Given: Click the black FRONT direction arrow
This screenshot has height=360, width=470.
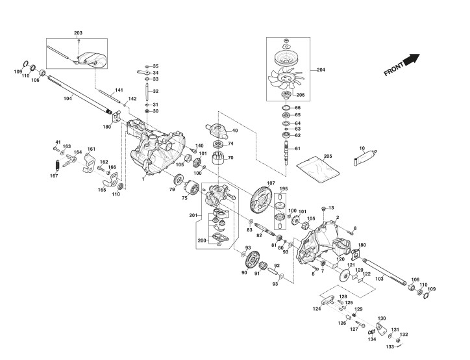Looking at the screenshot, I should click(x=410, y=60).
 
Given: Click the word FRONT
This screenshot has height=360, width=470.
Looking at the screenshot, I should click(x=394, y=69).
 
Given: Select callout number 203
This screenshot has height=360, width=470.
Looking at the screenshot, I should click(x=79, y=32).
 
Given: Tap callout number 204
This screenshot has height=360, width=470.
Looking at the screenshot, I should click(x=320, y=70).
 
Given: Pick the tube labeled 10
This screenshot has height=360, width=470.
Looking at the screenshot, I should click(x=366, y=157).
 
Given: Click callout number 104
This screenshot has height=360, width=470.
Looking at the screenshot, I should click(x=68, y=98).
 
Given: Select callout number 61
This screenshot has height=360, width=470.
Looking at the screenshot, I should click(x=298, y=149).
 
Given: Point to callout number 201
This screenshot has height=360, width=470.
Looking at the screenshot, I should click(x=193, y=215).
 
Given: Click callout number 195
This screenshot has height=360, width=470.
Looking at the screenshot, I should click(x=282, y=188).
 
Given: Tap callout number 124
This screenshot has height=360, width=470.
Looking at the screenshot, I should click(x=317, y=309).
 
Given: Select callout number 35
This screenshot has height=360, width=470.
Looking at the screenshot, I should click(x=155, y=66).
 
